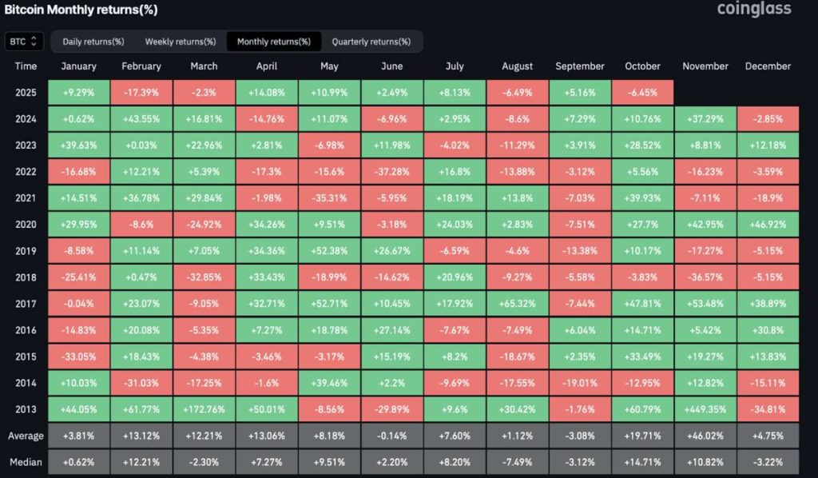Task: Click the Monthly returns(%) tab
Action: click(x=274, y=42)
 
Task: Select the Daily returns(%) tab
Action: click(x=93, y=42)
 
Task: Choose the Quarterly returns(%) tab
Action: click(x=371, y=42)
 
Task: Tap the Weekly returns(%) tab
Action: click(x=181, y=42)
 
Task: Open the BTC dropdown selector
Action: click(x=24, y=42)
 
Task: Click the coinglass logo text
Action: click(x=753, y=10)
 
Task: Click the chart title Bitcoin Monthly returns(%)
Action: click(x=79, y=10)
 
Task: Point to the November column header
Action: click(x=705, y=66)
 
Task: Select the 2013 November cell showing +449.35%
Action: click(x=705, y=408)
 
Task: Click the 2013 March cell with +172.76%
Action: click(x=204, y=408)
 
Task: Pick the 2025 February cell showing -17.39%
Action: click(x=141, y=93)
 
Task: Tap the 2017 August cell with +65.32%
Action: click(x=517, y=303)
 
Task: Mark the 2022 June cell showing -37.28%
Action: click(x=391, y=171)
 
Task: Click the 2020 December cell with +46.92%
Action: click(x=768, y=224)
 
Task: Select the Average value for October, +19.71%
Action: click(x=642, y=436)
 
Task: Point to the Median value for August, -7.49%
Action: click(x=517, y=462)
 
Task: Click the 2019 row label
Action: click(x=26, y=250)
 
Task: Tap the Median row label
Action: click(x=26, y=462)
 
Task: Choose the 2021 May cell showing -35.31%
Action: click(x=329, y=197)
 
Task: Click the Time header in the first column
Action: click(x=26, y=66)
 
